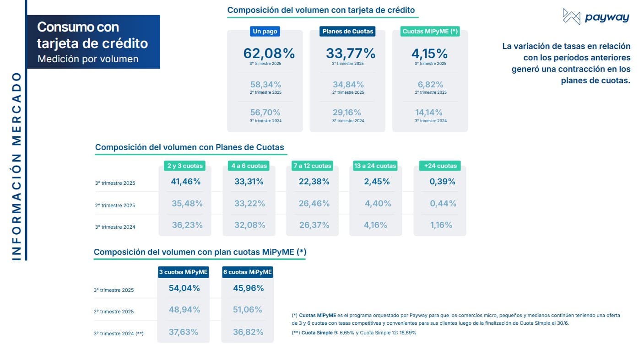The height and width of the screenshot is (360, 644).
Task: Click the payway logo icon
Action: (x=572, y=17)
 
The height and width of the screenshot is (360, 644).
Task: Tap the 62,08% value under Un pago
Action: (x=269, y=54)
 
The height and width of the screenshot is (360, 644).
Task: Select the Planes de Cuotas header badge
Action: (x=347, y=32)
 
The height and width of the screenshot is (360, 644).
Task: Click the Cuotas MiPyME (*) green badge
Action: (x=430, y=32)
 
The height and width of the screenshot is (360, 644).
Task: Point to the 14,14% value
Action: (x=429, y=113)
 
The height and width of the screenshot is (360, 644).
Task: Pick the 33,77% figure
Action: (x=350, y=54)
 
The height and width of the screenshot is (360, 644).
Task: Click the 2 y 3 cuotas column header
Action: (x=184, y=166)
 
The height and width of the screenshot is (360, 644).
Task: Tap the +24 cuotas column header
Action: (x=440, y=166)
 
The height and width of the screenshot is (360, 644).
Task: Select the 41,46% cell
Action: (x=186, y=182)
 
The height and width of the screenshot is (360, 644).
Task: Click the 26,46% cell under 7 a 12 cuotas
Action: (x=314, y=204)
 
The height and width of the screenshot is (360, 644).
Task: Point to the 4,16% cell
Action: (x=375, y=225)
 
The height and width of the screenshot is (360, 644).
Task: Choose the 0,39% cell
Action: (x=442, y=182)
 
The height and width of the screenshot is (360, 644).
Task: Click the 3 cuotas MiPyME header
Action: (x=183, y=272)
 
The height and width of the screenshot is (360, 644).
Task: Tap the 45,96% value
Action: (x=248, y=288)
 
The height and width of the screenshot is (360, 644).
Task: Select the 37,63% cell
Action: (x=183, y=332)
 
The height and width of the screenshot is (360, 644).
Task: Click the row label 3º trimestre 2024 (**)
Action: (x=119, y=334)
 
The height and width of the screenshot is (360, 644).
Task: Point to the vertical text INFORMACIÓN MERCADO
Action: (x=16, y=167)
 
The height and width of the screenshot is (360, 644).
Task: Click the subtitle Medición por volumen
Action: (x=88, y=59)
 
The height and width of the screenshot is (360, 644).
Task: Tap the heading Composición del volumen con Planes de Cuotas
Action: (x=189, y=147)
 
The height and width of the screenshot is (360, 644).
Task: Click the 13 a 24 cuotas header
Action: (x=375, y=166)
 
